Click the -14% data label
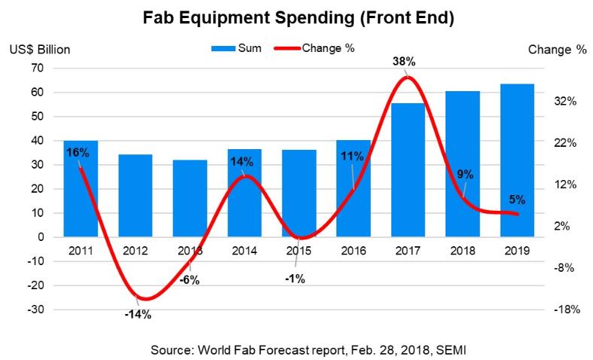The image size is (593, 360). point(138,315)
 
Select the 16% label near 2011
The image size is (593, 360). point(78,153)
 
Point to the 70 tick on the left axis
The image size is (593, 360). point(37,68)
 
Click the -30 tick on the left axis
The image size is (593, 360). point(35,310)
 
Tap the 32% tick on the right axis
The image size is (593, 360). point(564,101)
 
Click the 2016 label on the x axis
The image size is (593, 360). point(353,250)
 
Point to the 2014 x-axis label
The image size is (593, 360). point(244,250)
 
